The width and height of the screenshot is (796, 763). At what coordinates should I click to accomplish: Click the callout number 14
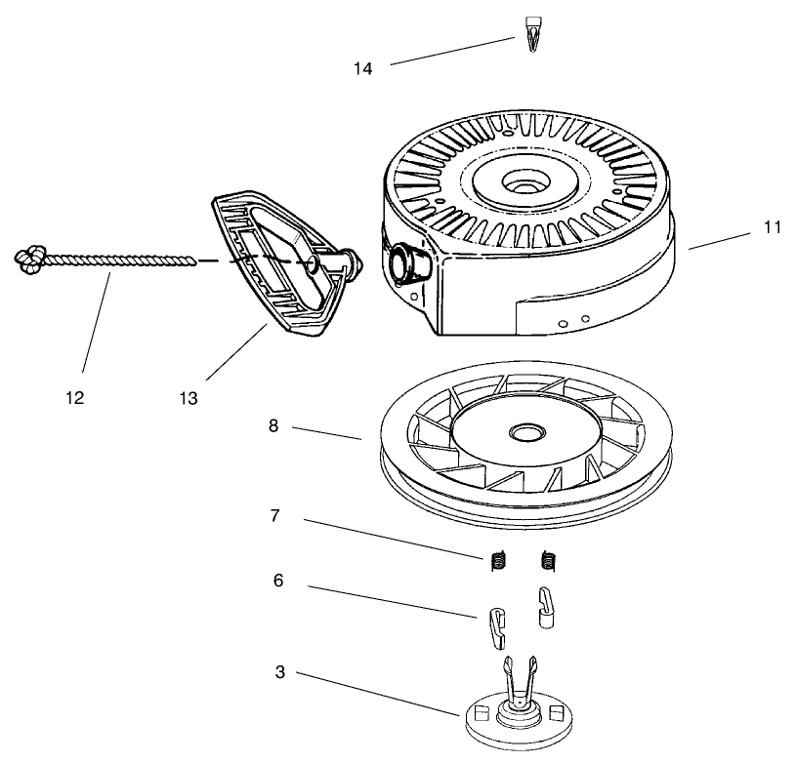[x=363, y=68]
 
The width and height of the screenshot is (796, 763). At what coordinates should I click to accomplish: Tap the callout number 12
[x=75, y=398]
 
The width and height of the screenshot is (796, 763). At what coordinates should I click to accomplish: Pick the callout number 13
[x=189, y=398]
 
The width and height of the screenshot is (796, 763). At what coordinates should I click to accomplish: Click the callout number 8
[x=273, y=425]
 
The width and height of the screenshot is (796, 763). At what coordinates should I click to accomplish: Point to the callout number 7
[x=274, y=515]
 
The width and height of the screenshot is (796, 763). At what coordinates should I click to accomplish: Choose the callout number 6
[x=278, y=580]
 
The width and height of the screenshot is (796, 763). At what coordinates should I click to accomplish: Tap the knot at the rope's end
[x=29, y=258]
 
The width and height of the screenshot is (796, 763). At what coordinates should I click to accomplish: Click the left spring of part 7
[x=498, y=561]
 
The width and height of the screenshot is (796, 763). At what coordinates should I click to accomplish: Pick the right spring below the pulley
[x=548, y=561]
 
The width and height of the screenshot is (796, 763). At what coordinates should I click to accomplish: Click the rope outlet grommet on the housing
[x=402, y=262]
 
